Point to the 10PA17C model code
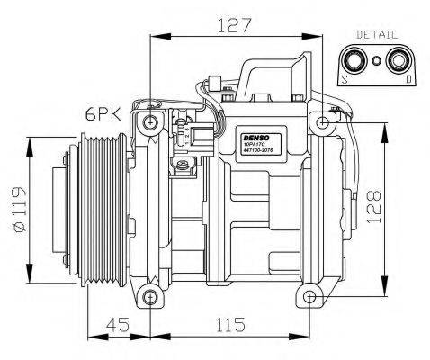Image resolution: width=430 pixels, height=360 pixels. pos(255,142)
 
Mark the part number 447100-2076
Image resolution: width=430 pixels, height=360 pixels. pos(256,153)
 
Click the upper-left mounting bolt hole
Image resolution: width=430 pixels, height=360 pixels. pos(149,121)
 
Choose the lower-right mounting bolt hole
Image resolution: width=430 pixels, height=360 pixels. pos(309,296)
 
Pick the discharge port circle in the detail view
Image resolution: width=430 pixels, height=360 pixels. pos(396,61)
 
